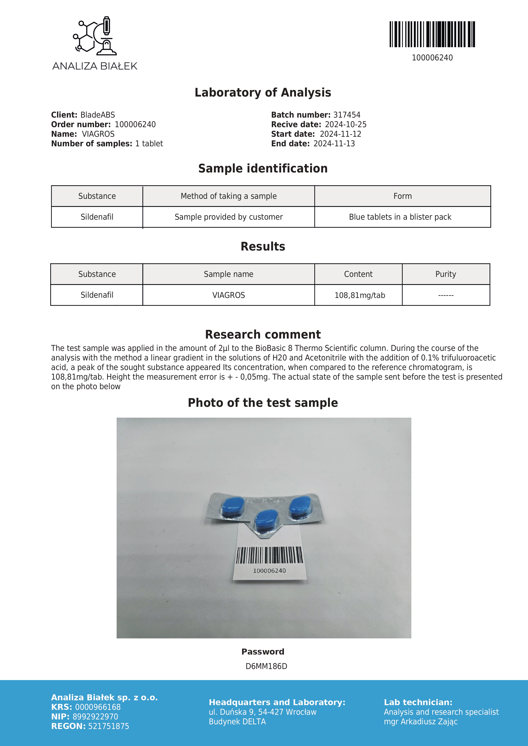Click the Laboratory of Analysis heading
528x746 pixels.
coord(263,93)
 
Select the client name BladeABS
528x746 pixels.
coord(97,115)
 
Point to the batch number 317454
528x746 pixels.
coord(347,115)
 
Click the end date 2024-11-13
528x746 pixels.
coord(334,144)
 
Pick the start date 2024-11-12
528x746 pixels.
coord(341,134)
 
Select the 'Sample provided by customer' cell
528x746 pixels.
coord(229,217)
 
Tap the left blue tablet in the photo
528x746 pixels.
coord(233,507)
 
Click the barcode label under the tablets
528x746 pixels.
coord(269,559)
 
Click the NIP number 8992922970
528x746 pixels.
coord(95,716)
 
